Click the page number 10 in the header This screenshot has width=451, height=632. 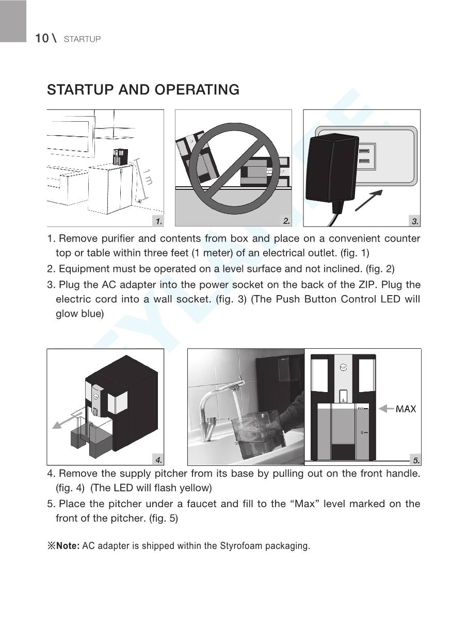41,39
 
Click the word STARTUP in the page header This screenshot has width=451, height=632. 82,39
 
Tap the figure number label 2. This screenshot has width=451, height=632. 286,221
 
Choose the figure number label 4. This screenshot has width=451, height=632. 159,459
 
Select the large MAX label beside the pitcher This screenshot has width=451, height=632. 406,409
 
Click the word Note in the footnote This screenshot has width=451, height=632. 67,546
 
